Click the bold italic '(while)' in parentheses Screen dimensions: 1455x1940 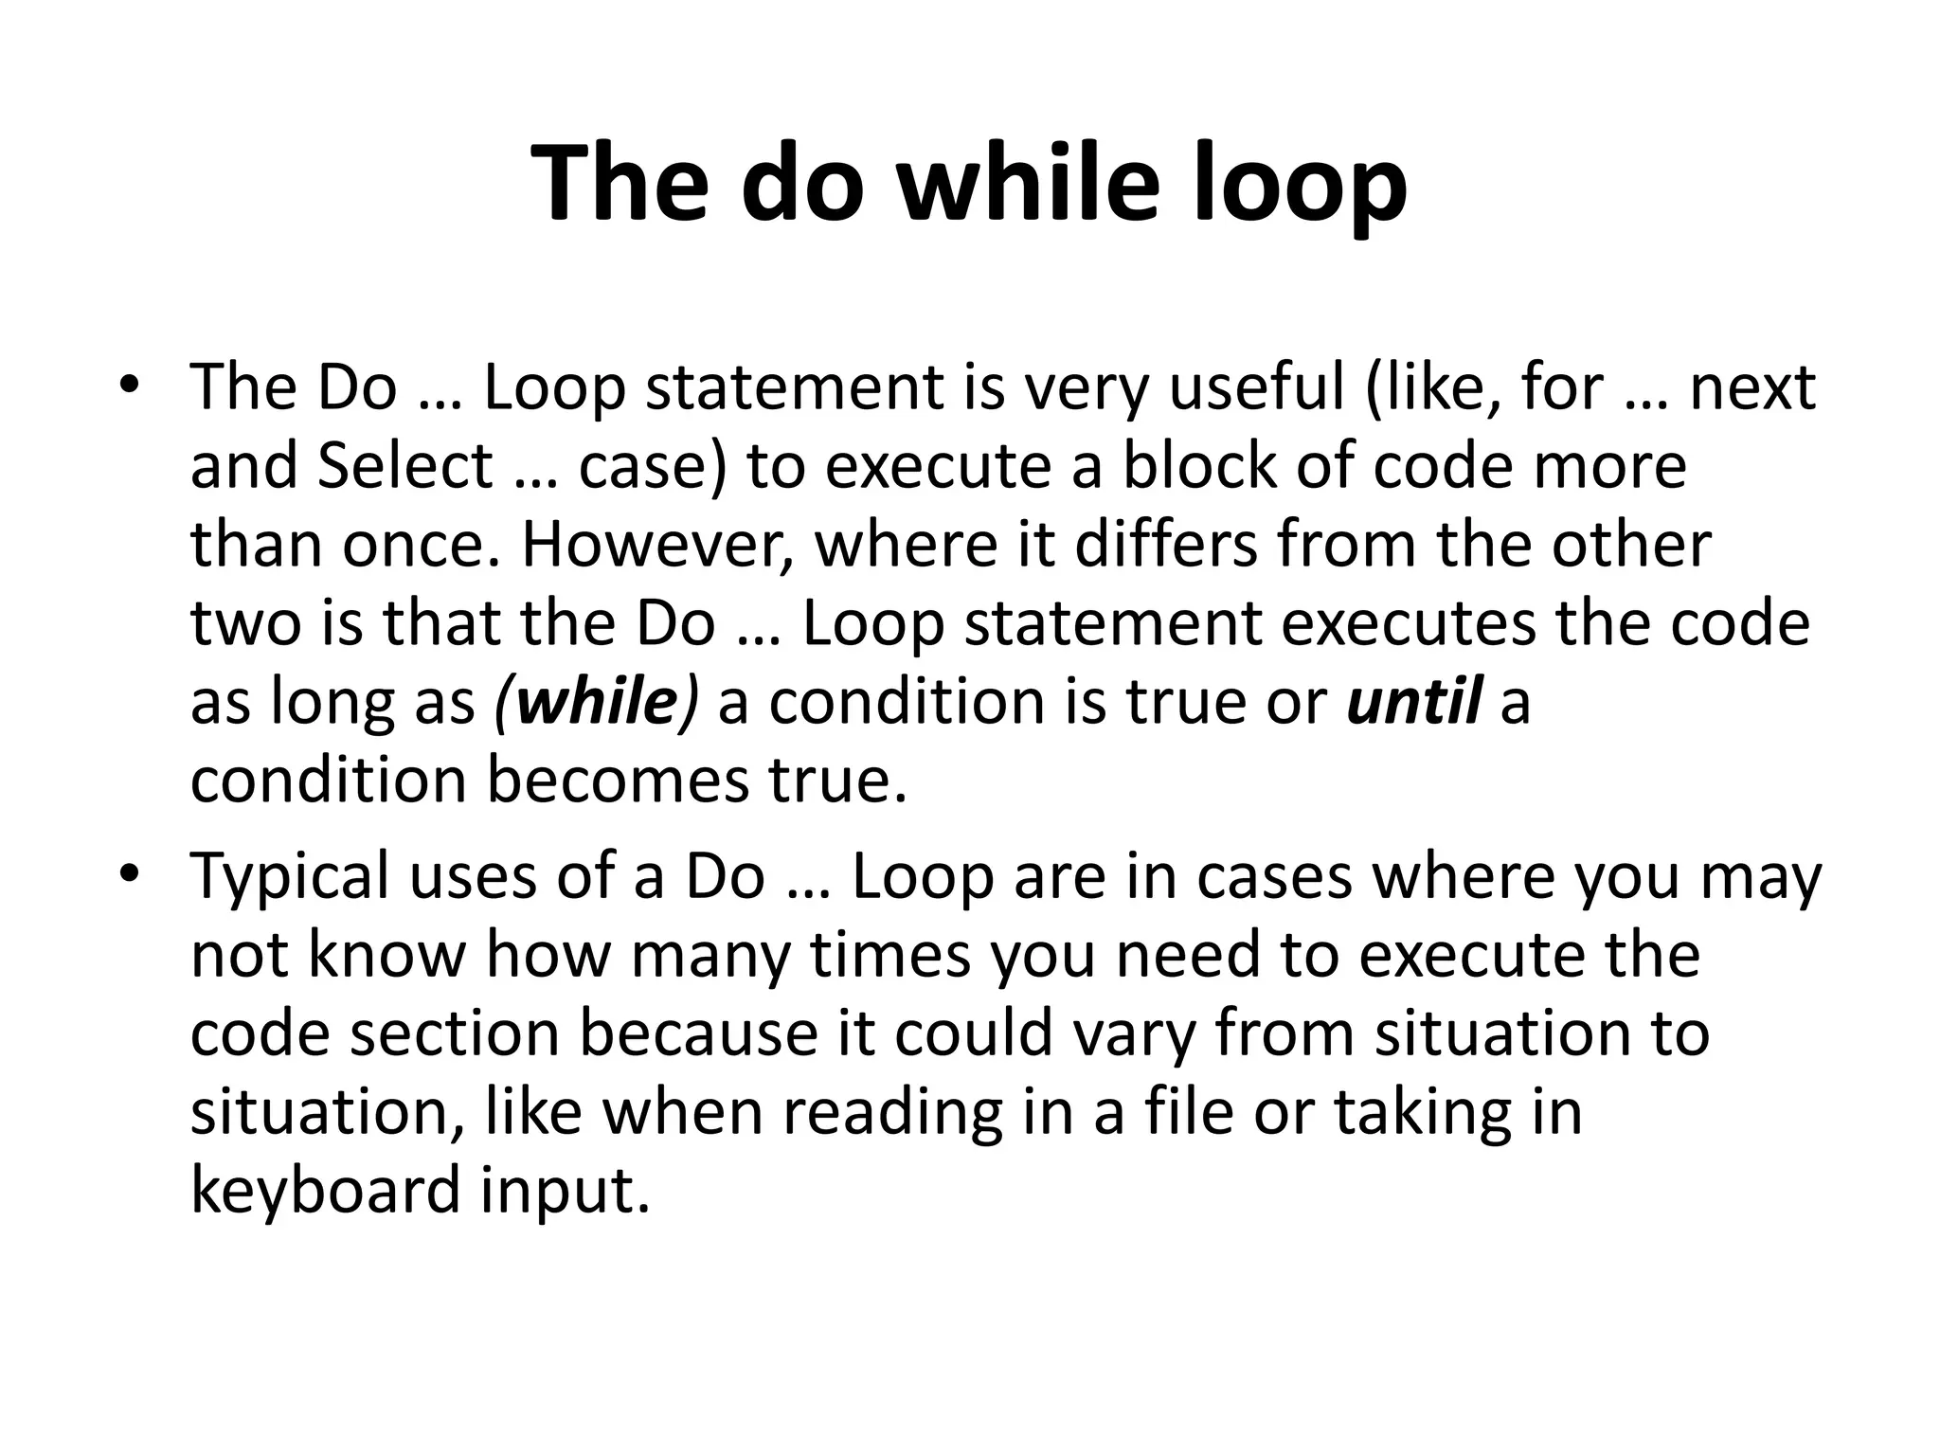tap(596, 702)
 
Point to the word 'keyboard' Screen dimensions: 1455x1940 tap(325, 1190)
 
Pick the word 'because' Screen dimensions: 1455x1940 tap(698, 1033)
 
